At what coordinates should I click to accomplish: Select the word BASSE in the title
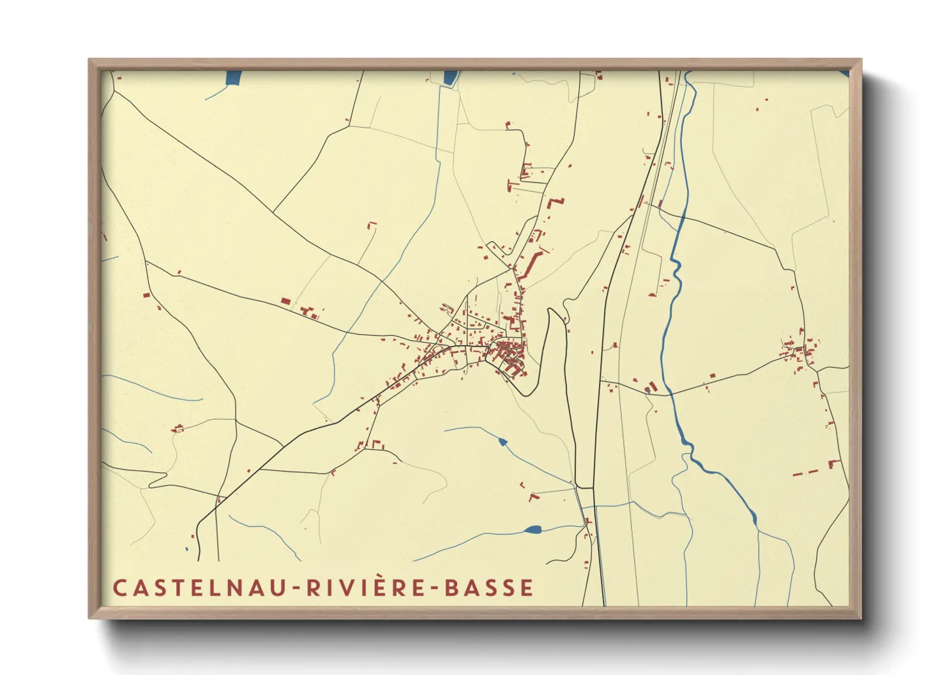tap(488, 588)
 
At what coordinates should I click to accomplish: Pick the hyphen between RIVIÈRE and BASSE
tap(435, 588)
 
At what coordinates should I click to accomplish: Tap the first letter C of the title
tap(119, 588)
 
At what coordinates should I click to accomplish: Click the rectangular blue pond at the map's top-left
tap(234, 79)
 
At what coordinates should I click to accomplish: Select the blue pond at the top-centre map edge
tap(451, 77)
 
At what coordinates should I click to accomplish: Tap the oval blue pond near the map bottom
tap(531, 529)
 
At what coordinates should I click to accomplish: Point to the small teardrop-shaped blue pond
tap(503, 441)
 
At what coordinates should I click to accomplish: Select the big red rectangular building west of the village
tap(285, 300)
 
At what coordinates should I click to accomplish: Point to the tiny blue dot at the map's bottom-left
tap(186, 548)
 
